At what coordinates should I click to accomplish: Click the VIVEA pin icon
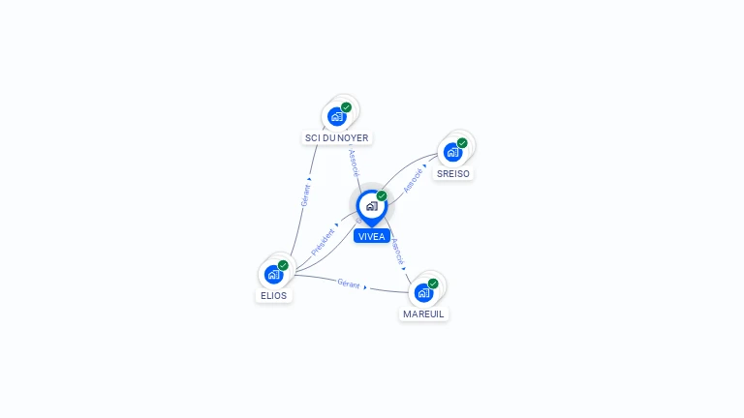click(371, 206)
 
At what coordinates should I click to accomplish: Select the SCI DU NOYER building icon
click(337, 116)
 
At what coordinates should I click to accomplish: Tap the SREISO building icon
click(452, 152)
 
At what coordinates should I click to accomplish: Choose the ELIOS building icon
click(273, 274)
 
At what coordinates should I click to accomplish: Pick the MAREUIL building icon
click(423, 292)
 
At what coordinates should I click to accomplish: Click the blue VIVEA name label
click(371, 236)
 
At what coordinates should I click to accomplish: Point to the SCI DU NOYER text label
click(337, 137)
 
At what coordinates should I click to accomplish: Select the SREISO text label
click(452, 173)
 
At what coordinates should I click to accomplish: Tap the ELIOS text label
click(273, 295)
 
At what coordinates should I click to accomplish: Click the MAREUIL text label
click(423, 313)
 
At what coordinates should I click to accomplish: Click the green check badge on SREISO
click(462, 143)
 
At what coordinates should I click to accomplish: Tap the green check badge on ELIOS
click(283, 265)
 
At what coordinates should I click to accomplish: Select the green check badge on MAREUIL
click(433, 284)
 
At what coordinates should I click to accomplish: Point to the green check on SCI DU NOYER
click(346, 107)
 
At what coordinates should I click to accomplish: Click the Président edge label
click(323, 242)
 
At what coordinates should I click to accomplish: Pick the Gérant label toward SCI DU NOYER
click(305, 194)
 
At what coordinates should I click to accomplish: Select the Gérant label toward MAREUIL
click(349, 284)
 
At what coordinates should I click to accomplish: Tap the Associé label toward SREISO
click(413, 180)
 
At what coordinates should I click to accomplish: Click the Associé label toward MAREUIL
click(397, 252)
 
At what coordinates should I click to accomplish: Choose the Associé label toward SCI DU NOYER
click(354, 162)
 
